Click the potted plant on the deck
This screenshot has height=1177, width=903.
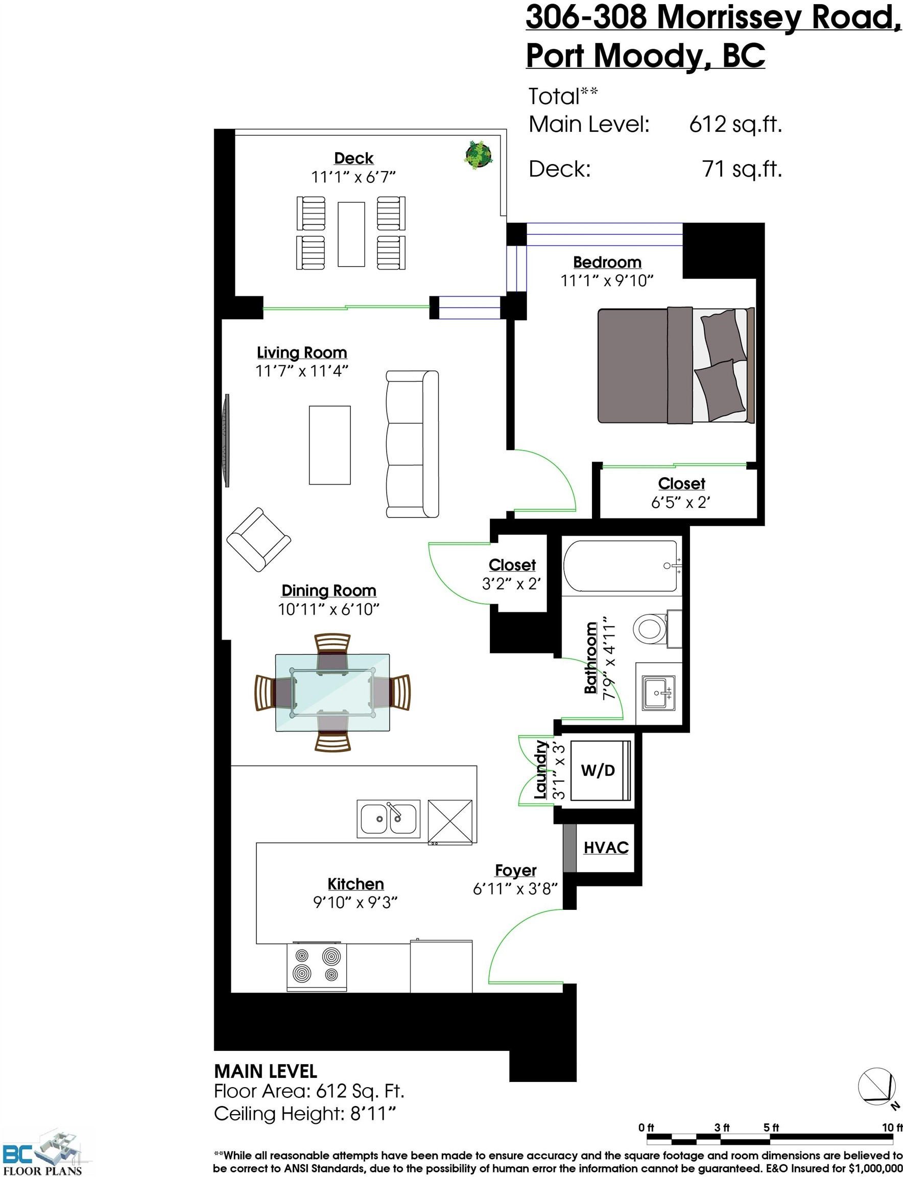click(x=478, y=155)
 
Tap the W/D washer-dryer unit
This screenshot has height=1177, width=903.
click(x=599, y=770)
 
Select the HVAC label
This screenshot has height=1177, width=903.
click(x=606, y=848)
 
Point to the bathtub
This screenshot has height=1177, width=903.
click(x=622, y=566)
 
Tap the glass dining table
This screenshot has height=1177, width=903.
click(x=332, y=693)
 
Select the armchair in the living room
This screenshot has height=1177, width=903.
click(x=258, y=539)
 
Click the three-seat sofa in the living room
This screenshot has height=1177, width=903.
click(x=412, y=444)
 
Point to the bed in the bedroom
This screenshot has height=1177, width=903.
click(x=676, y=366)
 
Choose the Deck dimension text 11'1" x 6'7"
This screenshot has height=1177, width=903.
click(x=353, y=177)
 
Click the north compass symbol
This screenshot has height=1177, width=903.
click(x=876, y=1086)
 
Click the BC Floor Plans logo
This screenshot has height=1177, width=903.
click(x=43, y=1152)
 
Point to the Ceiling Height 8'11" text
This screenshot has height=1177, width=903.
click(x=305, y=1114)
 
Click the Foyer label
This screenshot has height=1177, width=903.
click(x=515, y=870)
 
